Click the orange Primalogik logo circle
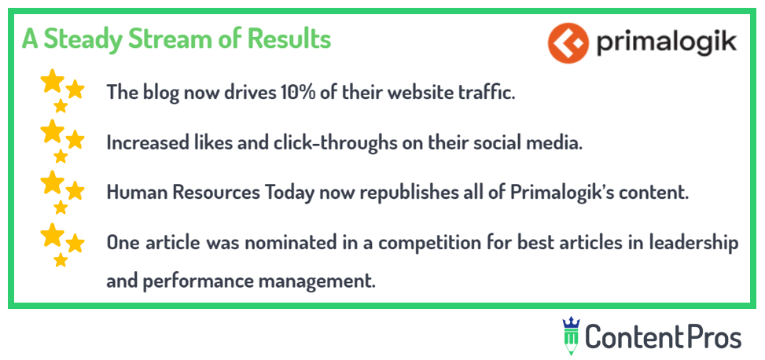click(x=568, y=43)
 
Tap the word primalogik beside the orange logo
click(x=666, y=43)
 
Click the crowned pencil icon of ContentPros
click(x=570, y=336)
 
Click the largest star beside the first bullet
click(x=52, y=81)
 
